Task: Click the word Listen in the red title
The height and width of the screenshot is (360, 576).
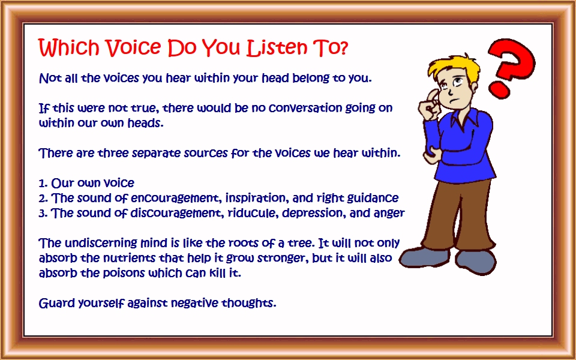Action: [277, 47]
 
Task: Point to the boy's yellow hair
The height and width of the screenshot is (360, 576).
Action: [454, 68]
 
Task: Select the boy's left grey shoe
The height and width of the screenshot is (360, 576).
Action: [425, 257]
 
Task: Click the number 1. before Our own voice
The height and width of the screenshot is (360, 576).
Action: [43, 183]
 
